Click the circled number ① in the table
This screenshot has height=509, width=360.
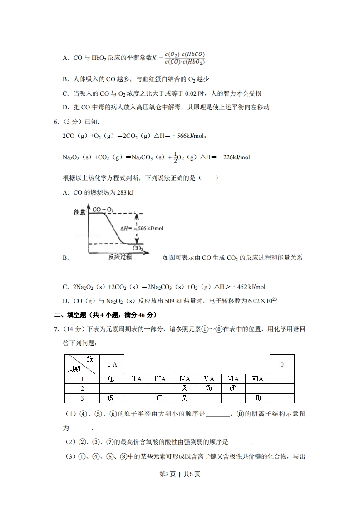(x=111, y=379)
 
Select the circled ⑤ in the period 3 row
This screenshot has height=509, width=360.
(x=111, y=398)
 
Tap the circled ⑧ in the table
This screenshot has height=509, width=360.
(x=257, y=398)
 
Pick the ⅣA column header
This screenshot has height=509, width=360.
(x=184, y=379)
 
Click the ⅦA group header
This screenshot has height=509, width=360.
(x=257, y=379)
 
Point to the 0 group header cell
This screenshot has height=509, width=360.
(x=282, y=364)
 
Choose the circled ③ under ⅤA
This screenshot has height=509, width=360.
(x=209, y=388)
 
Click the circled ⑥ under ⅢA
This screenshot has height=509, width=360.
(x=160, y=398)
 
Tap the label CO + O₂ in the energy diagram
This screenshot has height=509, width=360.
(x=103, y=210)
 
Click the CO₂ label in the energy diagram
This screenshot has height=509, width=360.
(x=138, y=248)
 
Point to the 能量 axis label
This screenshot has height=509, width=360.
(x=80, y=212)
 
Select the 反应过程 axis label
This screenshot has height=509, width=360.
(x=120, y=257)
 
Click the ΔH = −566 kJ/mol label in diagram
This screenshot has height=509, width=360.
(x=141, y=228)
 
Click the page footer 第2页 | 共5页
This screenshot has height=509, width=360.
(x=180, y=474)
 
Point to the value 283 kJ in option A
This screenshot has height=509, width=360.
(x=125, y=193)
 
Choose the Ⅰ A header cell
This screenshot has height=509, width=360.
(x=112, y=364)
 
